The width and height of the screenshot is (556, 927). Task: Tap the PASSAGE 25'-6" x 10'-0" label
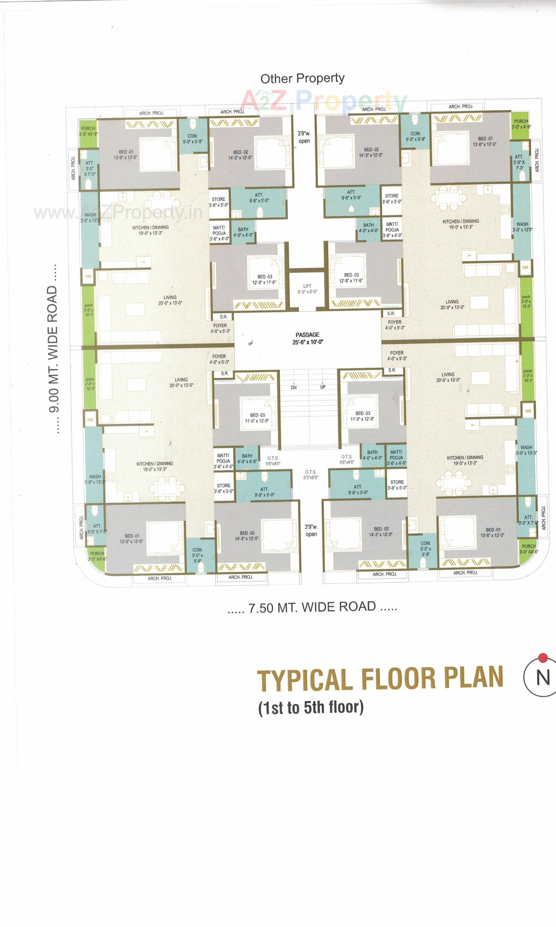coord(307,338)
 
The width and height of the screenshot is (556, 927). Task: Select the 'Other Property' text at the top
coord(302,78)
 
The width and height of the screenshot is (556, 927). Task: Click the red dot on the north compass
coord(543,657)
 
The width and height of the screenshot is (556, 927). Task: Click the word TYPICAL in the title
coord(304,680)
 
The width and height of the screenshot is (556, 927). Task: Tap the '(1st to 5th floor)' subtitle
coord(310,707)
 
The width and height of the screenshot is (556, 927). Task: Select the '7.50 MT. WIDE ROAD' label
coord(312,607)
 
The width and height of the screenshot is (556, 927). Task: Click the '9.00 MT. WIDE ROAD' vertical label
coord(53,349)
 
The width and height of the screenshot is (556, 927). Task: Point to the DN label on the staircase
coord(294,388)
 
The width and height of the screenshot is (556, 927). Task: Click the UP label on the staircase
coord(323,387)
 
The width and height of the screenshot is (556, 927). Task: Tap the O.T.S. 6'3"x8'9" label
coord(310,474)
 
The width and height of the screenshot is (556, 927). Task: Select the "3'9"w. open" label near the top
coord(304,137)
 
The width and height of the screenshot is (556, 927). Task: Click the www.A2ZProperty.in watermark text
coord(118,213)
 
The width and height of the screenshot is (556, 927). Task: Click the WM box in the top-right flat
coord(525,267)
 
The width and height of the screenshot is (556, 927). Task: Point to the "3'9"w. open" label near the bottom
coord(311,530)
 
